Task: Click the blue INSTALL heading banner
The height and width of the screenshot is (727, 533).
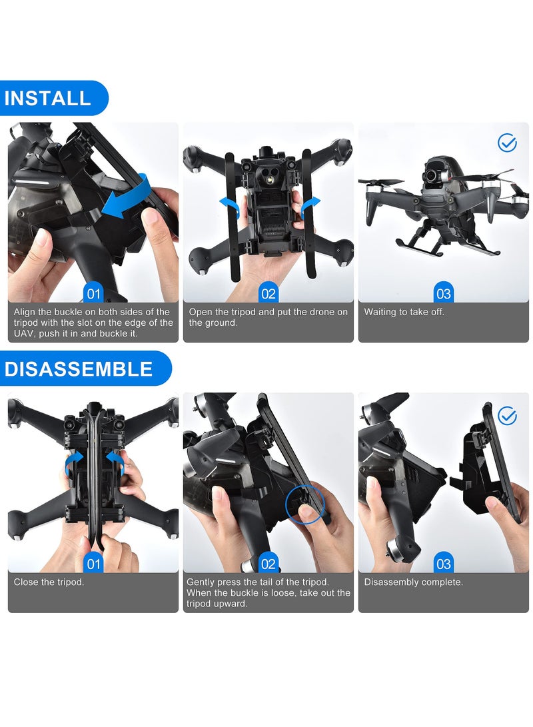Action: [50, 99]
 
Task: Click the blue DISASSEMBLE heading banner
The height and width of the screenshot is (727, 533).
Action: [80, 368]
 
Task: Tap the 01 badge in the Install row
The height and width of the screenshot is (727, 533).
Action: [93, 293]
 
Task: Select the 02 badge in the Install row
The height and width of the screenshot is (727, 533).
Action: [268, 293]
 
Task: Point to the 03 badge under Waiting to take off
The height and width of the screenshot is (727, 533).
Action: [443, 293]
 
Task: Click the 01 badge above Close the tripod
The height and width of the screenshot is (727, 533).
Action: [93, 564]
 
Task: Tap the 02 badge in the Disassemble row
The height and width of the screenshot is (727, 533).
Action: [268, 564]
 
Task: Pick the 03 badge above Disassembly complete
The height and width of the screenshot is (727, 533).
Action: [443, 564]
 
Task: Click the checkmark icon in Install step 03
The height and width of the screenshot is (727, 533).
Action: [507, 143]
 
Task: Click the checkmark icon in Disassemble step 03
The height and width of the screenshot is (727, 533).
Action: [507, 416]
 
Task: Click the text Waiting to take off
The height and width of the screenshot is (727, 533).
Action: [404, 312]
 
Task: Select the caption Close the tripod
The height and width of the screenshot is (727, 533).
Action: [49, 582]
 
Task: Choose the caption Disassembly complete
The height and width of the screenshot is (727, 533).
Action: [413, 582]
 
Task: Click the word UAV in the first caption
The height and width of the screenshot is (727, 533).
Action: [25, 333]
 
